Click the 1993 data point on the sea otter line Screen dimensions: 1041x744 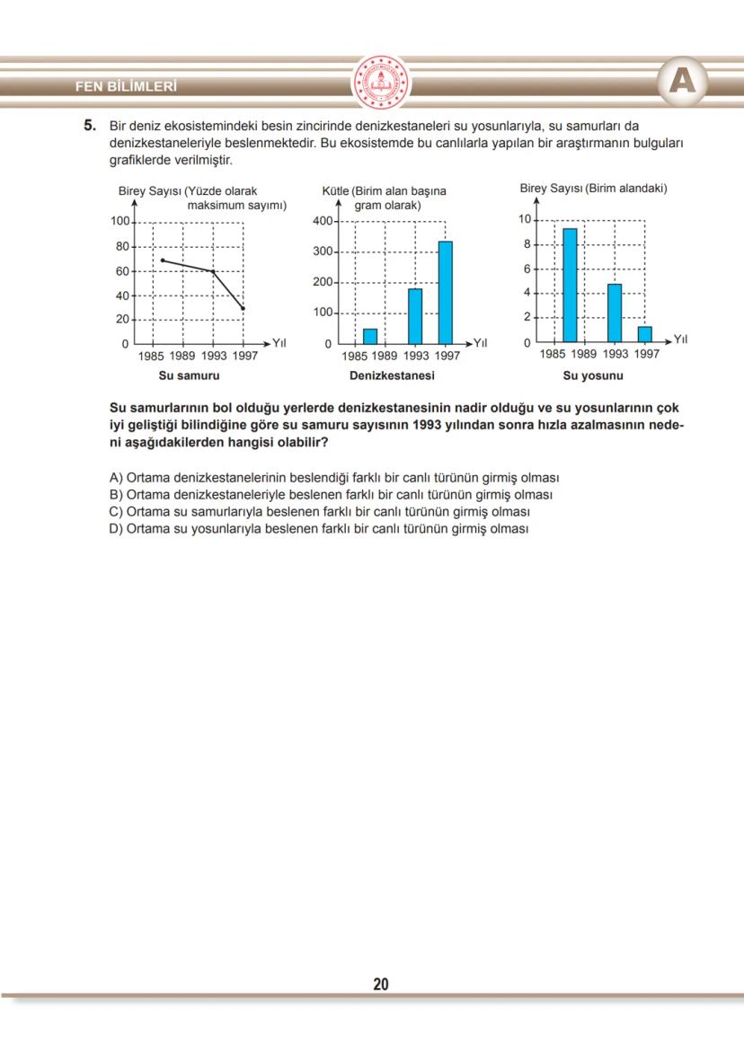[213, 271]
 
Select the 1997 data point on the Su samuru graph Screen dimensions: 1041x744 [243, 308]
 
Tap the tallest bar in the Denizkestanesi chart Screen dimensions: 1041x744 [445, 292]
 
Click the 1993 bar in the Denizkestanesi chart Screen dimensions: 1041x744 [415, 315]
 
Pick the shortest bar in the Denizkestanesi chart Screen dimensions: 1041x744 [370, 336]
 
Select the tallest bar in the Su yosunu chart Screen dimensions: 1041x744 [570, 285]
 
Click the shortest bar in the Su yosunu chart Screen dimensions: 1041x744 [644, 333]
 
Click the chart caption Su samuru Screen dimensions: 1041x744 [189, 375]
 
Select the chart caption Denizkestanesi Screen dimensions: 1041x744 [392, 375]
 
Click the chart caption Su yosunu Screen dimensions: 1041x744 [593, 375]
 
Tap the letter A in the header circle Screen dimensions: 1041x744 [682, 83]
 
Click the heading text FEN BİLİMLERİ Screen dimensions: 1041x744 [127, 87]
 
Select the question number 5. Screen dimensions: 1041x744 [90, 127]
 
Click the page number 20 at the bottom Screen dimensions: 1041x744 [381, 984]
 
